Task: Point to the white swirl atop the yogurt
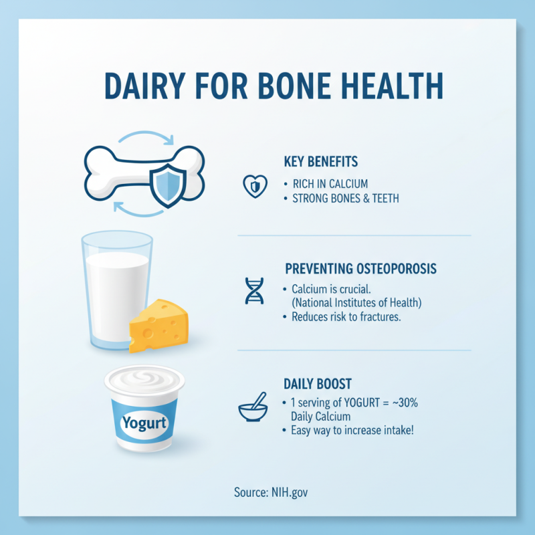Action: [x=144, y=380]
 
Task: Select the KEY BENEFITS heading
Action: [x=321, y=162]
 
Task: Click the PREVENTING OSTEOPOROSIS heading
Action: [x=360, y=269]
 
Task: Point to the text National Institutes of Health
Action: [x=356, y=303]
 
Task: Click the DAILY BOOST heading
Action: [x=318, y=384]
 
